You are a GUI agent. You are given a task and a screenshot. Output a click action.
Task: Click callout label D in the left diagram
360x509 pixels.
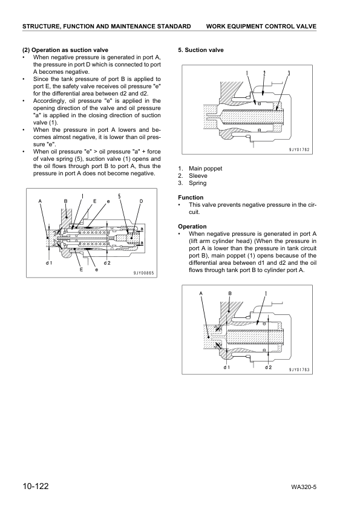[141, 200]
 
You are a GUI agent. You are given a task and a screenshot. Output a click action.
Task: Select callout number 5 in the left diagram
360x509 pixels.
[119, 196]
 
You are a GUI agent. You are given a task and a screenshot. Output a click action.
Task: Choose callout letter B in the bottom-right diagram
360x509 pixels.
[230, 293]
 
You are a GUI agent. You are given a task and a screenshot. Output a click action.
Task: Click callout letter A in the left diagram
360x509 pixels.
[40, 200]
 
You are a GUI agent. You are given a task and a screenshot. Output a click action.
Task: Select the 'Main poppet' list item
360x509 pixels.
[205, 168]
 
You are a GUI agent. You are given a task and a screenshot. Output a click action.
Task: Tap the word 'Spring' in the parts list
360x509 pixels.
[197, 183]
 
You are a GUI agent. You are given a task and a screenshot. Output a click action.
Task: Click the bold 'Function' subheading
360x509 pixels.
[191, 197]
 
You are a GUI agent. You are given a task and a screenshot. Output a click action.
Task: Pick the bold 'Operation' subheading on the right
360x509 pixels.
[192, 227]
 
